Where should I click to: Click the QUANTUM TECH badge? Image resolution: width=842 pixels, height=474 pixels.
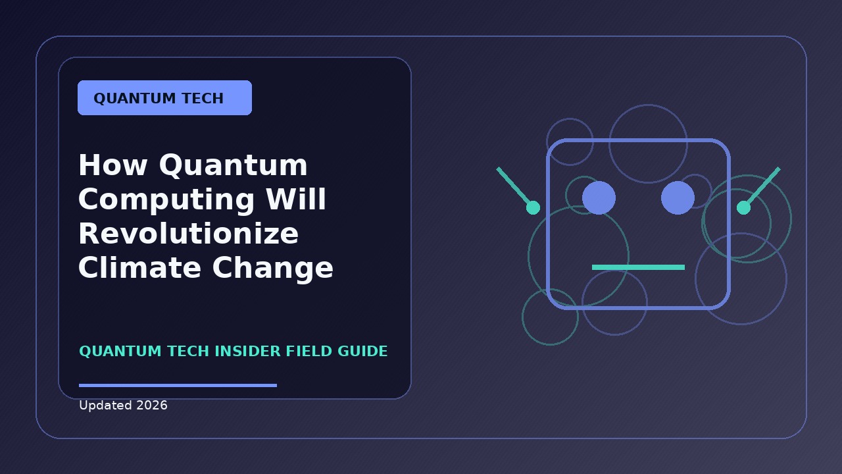point(164,98)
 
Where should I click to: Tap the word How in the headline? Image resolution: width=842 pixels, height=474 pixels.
point(112,165)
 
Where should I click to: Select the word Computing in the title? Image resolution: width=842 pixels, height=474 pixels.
point(166,200)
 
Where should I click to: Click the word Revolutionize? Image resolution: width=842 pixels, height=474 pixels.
point(188,233)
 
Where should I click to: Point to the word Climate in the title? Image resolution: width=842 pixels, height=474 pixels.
point(139,267)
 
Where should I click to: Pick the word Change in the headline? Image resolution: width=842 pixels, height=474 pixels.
point(273,269)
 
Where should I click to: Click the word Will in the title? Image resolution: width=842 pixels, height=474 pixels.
point(296,199)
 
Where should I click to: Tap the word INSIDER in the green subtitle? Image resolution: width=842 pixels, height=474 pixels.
point(247,351)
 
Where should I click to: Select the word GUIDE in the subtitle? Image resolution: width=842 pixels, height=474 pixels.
point(362,351)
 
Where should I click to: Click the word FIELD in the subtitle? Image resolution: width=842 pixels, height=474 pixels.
point(309,351)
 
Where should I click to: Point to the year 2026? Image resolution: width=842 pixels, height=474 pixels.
point(152,405)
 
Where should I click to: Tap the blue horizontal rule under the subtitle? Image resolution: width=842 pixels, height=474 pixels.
point(178,385)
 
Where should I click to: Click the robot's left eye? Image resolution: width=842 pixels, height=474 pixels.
point(599,198)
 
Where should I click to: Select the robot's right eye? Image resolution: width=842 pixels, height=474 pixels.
point(678,198)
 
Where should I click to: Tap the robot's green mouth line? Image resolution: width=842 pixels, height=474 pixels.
point(638,267)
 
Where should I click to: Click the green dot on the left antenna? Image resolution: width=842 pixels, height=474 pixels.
point(533,207)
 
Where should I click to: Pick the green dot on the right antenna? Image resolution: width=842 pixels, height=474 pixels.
point(743,207)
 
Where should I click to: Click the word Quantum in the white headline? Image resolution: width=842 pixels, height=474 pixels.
point(233,165)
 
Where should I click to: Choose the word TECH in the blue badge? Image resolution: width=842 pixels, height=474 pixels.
point(203,98)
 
